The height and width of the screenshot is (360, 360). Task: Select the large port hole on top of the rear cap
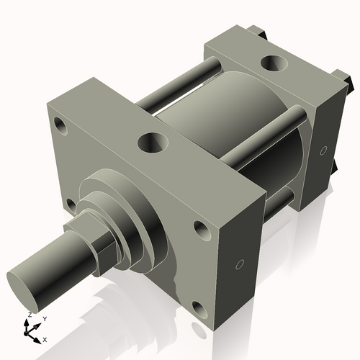click(274, 63)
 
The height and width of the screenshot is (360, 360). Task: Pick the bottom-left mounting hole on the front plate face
click(71, 207)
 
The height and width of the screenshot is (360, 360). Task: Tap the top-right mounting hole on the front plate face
click(201, 230)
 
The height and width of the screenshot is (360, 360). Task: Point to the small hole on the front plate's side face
click(240, 264)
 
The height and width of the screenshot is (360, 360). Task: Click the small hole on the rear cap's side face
click(323, 150)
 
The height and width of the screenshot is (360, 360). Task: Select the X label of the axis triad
click(45, 338)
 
